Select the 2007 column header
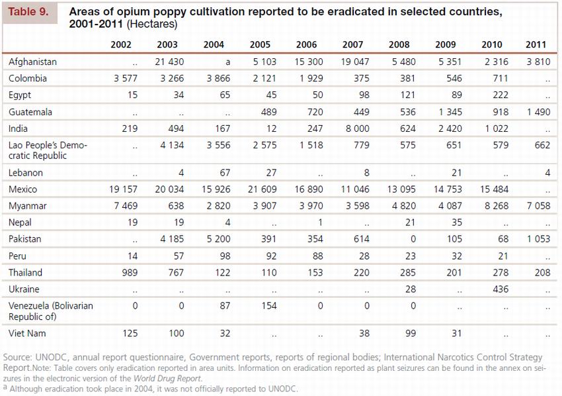(x=353, y=45)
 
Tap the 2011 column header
(x=536, y=45)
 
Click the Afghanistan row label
(x=33, y=62)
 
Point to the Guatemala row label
(x=30, y=112)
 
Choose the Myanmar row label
(x=28, y=206)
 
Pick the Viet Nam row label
(x=27, y=333)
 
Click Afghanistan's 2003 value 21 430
(x=169, y=62)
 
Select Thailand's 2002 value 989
(x=131, y=272)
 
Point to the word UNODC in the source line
(x=51, y=358)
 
